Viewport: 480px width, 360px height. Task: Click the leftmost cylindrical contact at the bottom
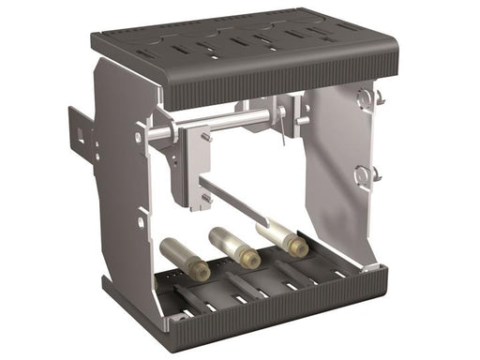(x=179, y=255)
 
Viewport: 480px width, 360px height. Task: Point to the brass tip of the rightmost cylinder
(x=298, y=247)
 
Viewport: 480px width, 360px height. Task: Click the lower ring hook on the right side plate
(x=366, y=173)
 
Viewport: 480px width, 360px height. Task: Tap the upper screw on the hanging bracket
(x=206, y=139)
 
